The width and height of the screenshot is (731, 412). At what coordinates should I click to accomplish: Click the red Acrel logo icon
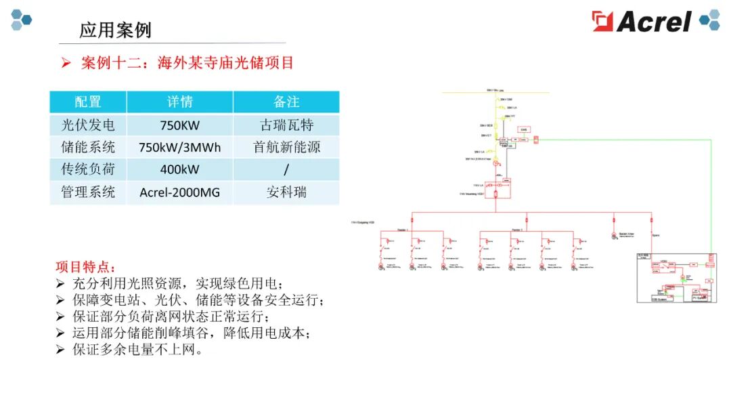[602, 21]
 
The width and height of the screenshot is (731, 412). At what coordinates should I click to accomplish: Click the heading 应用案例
[115, 30]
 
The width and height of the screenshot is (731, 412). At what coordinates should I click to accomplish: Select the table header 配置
[88, 102]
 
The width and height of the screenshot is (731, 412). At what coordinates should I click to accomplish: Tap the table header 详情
[180, 102]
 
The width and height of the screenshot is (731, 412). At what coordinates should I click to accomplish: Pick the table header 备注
[286, 102]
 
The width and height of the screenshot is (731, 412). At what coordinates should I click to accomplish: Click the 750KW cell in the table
[180, 125]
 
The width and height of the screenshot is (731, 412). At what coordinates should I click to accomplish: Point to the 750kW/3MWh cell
[180, 147]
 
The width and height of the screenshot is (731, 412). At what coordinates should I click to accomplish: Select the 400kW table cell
[180, 169]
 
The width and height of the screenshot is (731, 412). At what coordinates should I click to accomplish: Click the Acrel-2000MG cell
[180, 192]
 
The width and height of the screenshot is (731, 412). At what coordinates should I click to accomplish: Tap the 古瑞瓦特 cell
[286, 125]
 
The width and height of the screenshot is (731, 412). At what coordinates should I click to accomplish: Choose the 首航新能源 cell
[286, 147]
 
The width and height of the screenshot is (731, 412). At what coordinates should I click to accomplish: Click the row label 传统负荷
[88, 169]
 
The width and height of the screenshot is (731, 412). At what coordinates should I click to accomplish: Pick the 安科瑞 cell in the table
[286, 192]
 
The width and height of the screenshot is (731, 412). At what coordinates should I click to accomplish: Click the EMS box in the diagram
[524, 129]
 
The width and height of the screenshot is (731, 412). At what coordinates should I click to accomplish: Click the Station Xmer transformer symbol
[615, 236]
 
